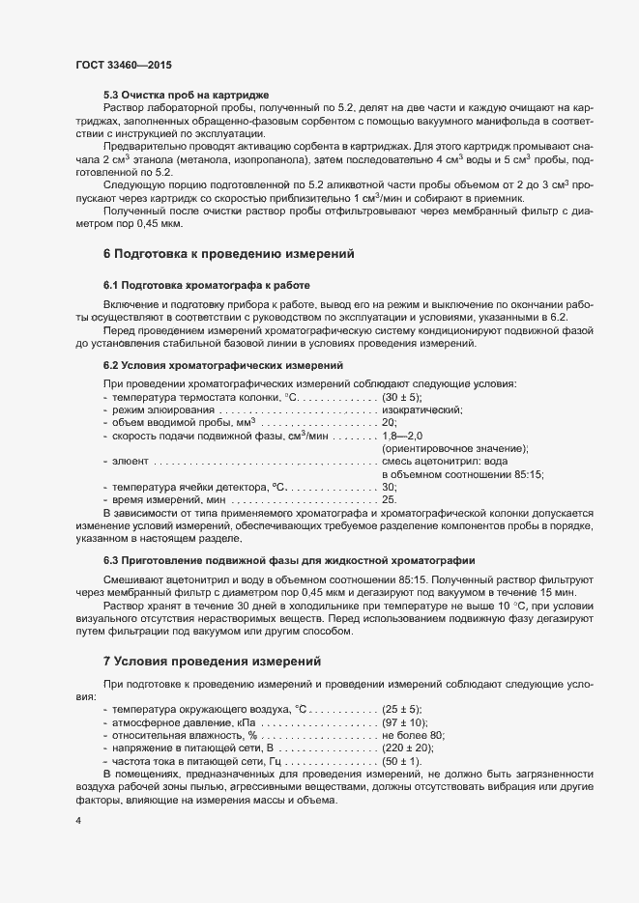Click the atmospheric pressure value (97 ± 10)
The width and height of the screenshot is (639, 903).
click(405, 721)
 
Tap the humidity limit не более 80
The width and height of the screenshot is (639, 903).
click(413, 735)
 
